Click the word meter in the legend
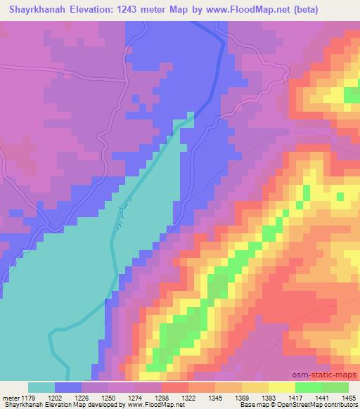coord(13,397)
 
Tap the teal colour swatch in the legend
coord(41,387)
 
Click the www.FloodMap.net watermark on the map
coord(149,366)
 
